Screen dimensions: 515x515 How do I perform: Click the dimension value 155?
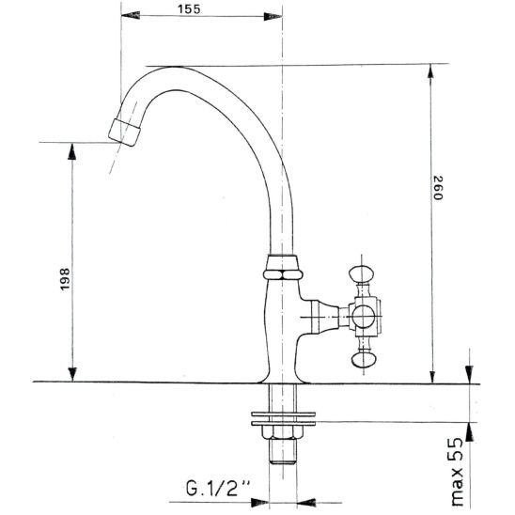point(189,8)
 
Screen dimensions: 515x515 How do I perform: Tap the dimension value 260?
point(438,188)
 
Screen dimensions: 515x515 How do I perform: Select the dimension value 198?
point(65,279)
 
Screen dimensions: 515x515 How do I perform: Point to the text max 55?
point(457,472)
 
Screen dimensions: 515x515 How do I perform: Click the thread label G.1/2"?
point(218,488)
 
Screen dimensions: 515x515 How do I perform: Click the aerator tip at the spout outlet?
point(124,133)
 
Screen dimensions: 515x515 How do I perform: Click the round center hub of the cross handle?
point(363,317)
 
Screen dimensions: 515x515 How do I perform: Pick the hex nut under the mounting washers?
point(283,433)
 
